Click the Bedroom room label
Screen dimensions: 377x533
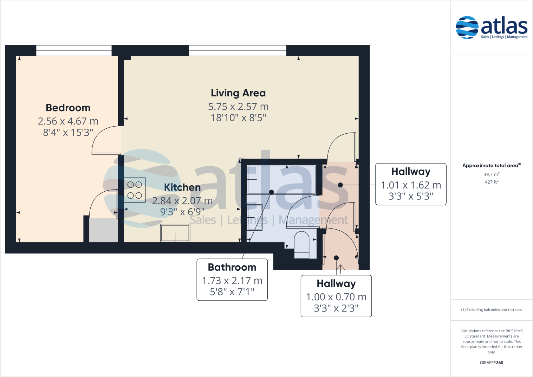[68, 108]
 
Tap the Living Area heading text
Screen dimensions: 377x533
[238, 93]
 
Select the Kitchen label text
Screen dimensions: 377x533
[182, 187]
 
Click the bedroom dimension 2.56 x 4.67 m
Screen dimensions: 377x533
[68, 121]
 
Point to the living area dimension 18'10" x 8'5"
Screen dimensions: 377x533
[238, 118]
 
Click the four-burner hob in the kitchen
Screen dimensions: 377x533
[135, 190]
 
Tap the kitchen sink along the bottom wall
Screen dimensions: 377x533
[175, 233]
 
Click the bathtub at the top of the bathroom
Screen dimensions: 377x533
[281, 179]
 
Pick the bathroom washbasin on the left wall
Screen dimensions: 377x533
[254, 217]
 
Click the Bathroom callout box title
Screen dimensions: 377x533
[232, 267]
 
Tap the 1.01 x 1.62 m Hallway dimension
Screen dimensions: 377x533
[411, 185]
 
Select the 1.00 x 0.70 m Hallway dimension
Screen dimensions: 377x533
[336, 297]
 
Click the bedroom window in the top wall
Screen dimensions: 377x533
[74, 51]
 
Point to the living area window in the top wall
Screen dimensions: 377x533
[238, 51]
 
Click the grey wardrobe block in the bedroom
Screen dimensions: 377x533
[103, 230]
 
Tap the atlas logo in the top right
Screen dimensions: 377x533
[492, 27]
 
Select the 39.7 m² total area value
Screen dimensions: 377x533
[491, 174]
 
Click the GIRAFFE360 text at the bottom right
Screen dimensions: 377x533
[491, 363]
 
